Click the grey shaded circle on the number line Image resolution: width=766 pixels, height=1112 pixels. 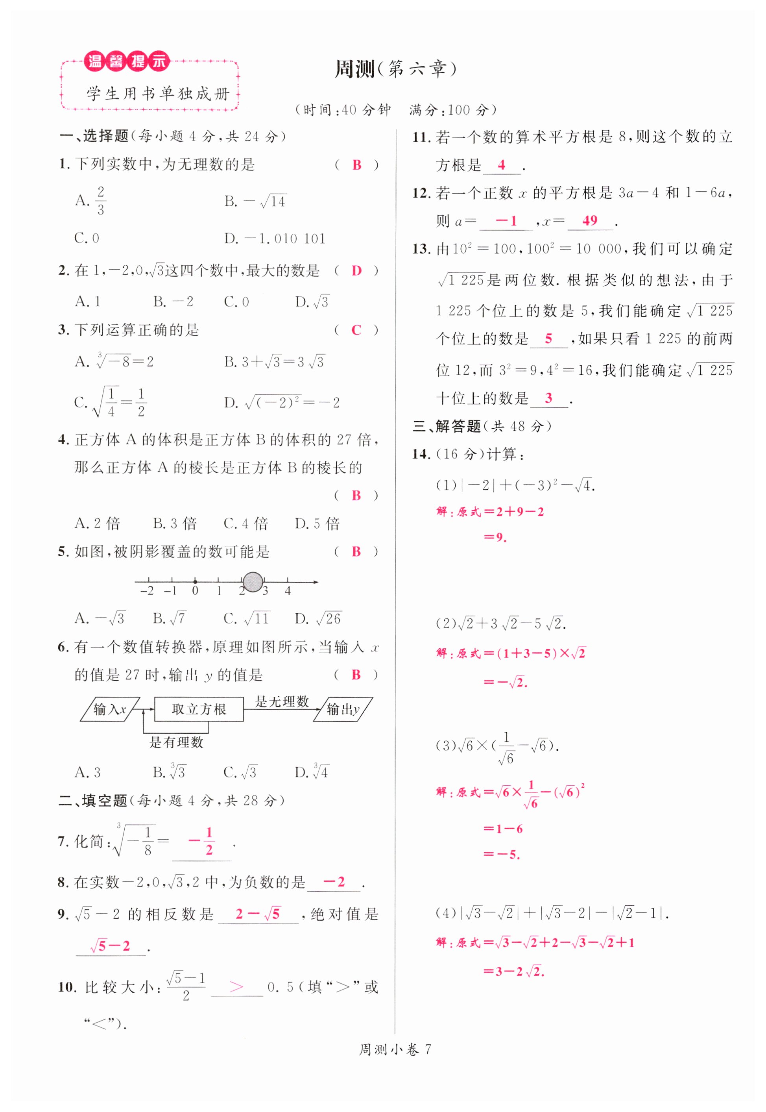pyautogui.click(x=253, y=582)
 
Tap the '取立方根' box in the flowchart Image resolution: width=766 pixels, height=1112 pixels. pyautogui.click(x=199, y=709)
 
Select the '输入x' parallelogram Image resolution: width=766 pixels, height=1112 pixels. pyautogui.click(x=110, y=709)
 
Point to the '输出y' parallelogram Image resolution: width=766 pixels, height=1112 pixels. pyautogui.click(x=343, y=709)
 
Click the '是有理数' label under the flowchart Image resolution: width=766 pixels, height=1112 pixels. pyautogui.click(x=176, y=742)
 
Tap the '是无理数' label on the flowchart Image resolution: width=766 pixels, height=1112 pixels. pyautogui.click(x=282, y=701)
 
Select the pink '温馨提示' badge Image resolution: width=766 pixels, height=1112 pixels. pyautogui.click(x=127, y=61)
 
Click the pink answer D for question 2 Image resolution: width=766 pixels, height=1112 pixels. pyautogui.click(x=356, y=271)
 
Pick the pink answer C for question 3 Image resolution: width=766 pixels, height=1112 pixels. pyautogui.click(x=356, y=330)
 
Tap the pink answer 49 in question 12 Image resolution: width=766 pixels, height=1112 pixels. pyautogui.click(x=590, y=220)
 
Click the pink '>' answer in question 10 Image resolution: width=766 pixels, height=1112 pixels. pyautogui.click(x=236, y=987)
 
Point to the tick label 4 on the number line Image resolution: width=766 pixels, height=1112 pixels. pyautogui.click(x=288, y=591)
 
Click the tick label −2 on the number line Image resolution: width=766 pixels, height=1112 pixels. pyautogui.click(x=148, y=591)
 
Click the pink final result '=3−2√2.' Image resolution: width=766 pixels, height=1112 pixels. pyautogui.click(x=513, y=971)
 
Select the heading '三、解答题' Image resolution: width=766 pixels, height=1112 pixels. pyautogui.click(x=447, y=426)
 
